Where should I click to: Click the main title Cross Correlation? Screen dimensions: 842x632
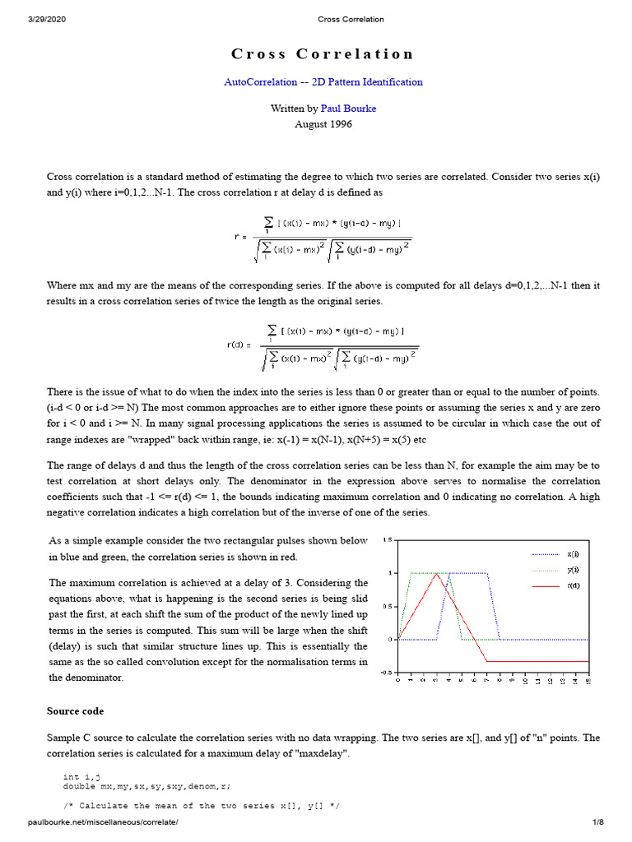pyautogui.click(x=322, y=54)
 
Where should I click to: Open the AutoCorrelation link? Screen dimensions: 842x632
pyautogui.click(x=261, y=82)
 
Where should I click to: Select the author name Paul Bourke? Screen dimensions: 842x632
pyautogui.click(x=348, y=109)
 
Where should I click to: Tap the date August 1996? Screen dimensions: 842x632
pyautogui.click(x=323, y=124)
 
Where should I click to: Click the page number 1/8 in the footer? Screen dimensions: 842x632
pyautogui.click(x=598, y=822)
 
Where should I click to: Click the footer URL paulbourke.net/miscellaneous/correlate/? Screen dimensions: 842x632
pyautogui.click(x=103, y=822)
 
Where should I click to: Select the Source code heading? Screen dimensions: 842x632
pyautogui.click(x=76, y=710)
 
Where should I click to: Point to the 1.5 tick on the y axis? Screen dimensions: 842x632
pyautogui.click(x=388, y=540)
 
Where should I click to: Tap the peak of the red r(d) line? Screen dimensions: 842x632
pyautogui.click(x=436, y=573)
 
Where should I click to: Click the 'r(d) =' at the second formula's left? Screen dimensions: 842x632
pyautogui.click(x=238, y=345)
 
